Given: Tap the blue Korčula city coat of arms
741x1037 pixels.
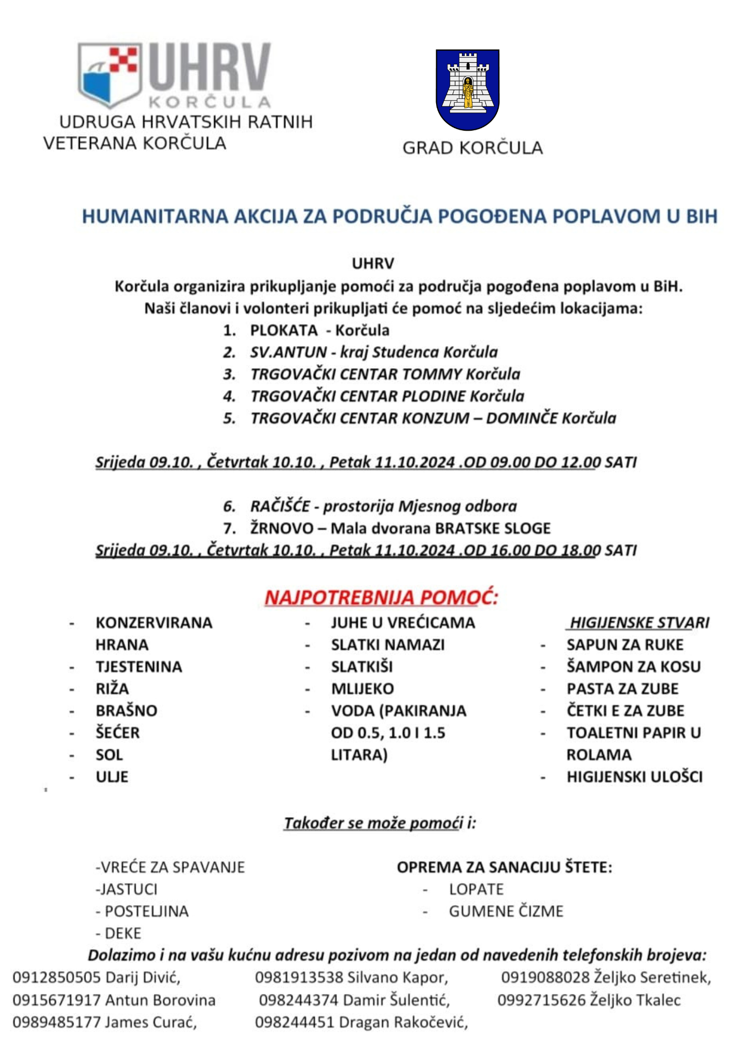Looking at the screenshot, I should point(467,89).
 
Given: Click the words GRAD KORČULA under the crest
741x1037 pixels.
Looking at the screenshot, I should point(472,148).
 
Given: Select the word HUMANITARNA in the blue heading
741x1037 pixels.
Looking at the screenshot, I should point(155,216).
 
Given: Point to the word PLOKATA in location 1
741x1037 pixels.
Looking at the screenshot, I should point(284,330).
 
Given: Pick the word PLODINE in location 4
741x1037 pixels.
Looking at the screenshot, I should point(434,396).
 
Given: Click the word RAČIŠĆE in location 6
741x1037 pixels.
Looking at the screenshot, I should point(280,506).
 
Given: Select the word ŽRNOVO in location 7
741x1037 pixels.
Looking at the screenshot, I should point(282,528).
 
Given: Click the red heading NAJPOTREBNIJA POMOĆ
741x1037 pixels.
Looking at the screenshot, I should point(381,597).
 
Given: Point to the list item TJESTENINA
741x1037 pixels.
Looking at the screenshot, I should point(138,667).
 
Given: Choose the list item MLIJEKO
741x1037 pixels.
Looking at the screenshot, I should point(362,689).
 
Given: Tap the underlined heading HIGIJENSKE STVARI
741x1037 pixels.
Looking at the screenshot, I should point(639,623).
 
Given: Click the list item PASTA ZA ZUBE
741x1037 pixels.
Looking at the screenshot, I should point(622,689).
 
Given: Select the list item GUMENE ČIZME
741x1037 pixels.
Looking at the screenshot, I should point(506,911).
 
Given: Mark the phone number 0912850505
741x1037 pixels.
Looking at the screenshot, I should point(57,977).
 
